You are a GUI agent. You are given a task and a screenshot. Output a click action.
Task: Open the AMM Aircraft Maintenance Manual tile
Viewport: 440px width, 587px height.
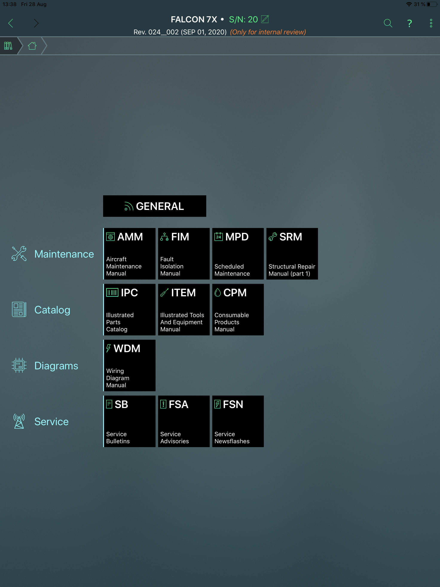coord(130,254)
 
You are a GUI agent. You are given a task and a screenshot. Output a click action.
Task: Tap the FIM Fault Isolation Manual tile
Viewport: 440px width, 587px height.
coord(184,254)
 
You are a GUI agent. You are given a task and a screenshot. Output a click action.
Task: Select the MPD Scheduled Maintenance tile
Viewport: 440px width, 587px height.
coord(238,254)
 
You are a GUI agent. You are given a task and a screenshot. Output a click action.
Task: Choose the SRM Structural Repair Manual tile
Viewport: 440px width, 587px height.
coord(292,254)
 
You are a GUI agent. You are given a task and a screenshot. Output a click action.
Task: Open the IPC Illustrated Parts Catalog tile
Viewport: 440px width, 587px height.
coord(130,310)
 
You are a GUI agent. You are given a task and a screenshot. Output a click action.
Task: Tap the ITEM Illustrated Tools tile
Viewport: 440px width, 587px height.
coord(184,310)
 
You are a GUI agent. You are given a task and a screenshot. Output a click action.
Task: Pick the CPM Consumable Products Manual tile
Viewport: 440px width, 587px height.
coord(238,310)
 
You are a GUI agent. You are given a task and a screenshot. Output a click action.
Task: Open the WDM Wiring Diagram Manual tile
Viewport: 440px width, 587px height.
coord(130,365)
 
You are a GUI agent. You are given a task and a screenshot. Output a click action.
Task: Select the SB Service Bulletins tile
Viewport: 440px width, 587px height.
coord(130,421)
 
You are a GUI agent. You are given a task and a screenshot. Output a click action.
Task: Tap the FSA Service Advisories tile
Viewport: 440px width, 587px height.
coord(184,421)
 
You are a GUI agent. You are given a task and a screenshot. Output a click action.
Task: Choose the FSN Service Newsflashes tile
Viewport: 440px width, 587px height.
coord(238,421)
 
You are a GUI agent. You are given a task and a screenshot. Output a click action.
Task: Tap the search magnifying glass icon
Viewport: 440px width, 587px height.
coord(388,23)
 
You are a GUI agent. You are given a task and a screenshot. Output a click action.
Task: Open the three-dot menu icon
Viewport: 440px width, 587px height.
coord(431,23)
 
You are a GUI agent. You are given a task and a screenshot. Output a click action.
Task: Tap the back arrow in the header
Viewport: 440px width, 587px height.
coord(11,23)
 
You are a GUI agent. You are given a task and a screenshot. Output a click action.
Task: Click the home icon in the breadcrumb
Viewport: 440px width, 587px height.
coord(32,46)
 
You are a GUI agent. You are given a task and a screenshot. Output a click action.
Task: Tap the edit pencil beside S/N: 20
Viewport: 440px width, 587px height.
coord(265,19)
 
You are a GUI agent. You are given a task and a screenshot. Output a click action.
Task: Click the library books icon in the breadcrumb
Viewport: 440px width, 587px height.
coord(8,46)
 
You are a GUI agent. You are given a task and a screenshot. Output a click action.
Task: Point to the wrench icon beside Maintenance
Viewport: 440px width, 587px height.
coord(19,254)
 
